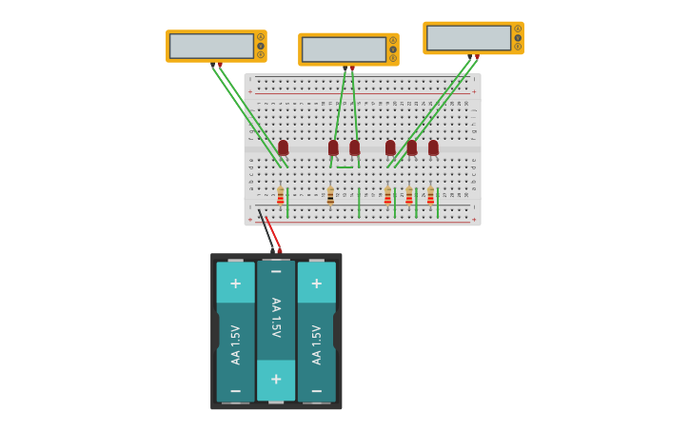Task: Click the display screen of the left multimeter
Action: click(211, 46)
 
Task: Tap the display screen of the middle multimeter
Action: click(344, 49)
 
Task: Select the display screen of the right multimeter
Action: click(468, 38)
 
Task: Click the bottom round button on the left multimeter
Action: click(261, 54)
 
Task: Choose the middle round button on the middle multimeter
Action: click(392, 49)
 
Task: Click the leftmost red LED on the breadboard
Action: click(283, 147)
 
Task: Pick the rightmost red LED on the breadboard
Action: click(433, 147)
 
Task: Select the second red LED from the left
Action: click(333, 147)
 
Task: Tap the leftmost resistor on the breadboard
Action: click(281, 195)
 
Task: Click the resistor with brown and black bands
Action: click(330, 195)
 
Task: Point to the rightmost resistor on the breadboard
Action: click(430, 195)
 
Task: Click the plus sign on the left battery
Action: click(235, 283)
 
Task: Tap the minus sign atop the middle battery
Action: click(276, 272)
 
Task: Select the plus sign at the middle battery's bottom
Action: click(276, 379)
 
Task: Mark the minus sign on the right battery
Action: click(316, 390)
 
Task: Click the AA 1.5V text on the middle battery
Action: click(276, 319)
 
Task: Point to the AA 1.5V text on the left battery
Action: click(235, 344)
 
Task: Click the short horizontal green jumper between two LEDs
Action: click(344, 167)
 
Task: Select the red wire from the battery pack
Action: click(272, 232)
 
